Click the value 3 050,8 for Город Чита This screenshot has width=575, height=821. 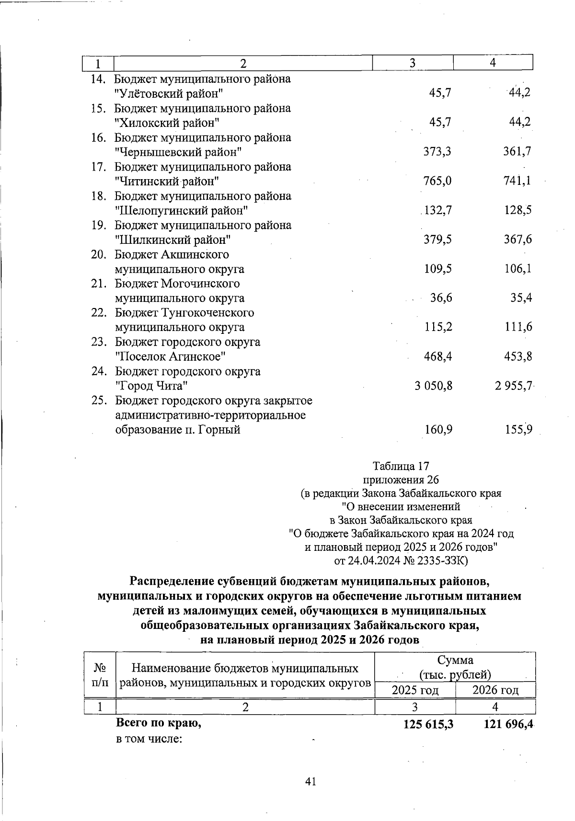point(433,386)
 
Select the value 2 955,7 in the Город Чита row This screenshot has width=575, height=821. point(513,386)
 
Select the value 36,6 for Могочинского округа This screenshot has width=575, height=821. point(441,298)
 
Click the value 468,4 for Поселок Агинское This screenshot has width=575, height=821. point(438,357)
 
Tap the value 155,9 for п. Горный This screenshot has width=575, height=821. point(518,430)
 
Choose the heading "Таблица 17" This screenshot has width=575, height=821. point(401,466)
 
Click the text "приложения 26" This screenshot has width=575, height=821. point(401,479)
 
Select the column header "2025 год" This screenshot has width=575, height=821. point(415,690)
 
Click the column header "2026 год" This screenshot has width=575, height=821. point(495,690)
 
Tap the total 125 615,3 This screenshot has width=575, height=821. point(428,725)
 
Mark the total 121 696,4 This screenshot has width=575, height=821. point(508,725)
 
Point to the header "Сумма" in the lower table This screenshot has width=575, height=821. point(455,660)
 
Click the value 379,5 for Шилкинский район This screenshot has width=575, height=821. point(437,239)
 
